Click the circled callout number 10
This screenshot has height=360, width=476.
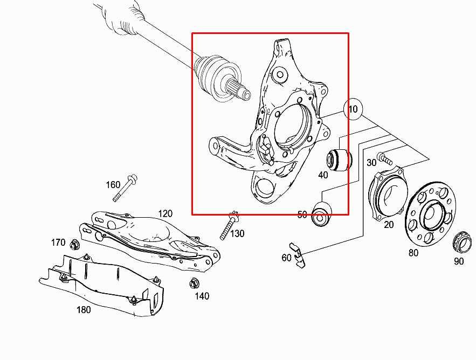tap(353, 109)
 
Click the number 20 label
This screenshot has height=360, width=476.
tap(389, 225)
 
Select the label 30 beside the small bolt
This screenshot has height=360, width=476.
tap(371, 163)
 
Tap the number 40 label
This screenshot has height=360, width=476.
tap(323, 175)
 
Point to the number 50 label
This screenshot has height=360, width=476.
tap(302, 214)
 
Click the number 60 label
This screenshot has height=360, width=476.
tap(286, 258)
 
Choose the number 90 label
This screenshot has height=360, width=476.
tap(458, 261)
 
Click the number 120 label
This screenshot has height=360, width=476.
tap(165, 214)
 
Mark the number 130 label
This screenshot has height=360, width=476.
tap(237, 233)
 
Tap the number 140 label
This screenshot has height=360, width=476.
tap(202, 296)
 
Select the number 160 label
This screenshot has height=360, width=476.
tap(113, 185)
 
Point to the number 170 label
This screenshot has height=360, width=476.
tap(58, 243)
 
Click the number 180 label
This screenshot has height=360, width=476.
tap(84, 309)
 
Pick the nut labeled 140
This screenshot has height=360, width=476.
tap(193, 283)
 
